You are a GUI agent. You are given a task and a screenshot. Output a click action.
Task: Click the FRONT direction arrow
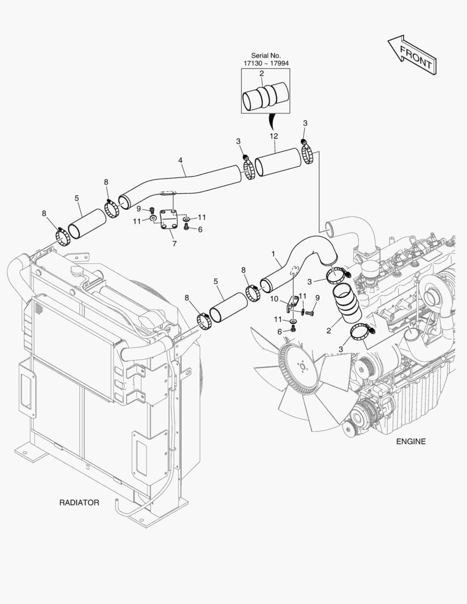click(412, 55)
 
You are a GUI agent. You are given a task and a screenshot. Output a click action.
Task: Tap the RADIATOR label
click(79, 503)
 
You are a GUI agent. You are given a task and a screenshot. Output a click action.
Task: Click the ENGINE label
click(411, 441)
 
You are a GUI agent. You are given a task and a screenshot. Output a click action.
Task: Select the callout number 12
click(273, 136)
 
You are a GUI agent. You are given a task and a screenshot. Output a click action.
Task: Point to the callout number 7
click(174, 244)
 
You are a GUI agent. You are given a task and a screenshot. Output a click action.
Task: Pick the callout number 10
click(274, 299)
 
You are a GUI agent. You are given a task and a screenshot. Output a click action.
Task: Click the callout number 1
click(273, 254)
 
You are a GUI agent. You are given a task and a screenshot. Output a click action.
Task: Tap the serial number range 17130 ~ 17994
click(266, 63)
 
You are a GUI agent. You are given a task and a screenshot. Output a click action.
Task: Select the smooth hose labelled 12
click(278, 162)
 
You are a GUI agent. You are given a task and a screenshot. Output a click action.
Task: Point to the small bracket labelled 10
click(292, 303)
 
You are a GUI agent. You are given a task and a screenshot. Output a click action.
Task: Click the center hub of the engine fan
click(303, 366)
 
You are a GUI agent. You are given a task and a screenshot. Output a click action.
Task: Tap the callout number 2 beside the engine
click(328, 331)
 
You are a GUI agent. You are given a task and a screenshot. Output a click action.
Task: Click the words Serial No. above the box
click(266, 55)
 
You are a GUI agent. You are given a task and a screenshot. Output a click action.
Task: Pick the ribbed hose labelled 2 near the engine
click(347, 303)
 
